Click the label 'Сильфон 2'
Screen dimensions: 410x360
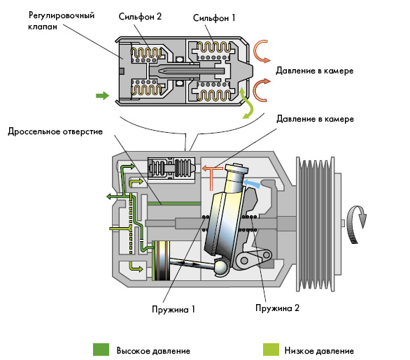tap(140, 17)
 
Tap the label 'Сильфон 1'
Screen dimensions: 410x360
tap(214, 18)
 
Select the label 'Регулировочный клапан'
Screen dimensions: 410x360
tap(61, 21)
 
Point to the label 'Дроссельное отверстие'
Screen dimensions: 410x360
tap(55, 131)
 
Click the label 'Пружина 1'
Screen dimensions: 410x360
tap(174, 309)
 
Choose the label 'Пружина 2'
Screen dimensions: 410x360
tap(278, 308)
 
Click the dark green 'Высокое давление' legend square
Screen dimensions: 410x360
tap(101, 350)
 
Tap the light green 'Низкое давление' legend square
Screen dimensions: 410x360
tap(271, 350)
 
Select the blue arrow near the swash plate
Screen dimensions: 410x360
tap(252, 183)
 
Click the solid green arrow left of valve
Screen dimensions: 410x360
tap(102, 95)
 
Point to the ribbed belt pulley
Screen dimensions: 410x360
tap(315, 224)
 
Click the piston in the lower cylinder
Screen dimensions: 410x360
tap(161, 261)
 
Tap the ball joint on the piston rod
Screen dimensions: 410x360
tap(221, 268)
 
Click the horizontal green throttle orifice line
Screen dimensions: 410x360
tap(174, 203)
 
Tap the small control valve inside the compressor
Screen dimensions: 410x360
tap(171, 168)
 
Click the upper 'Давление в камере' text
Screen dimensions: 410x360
tap(315, 71)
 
